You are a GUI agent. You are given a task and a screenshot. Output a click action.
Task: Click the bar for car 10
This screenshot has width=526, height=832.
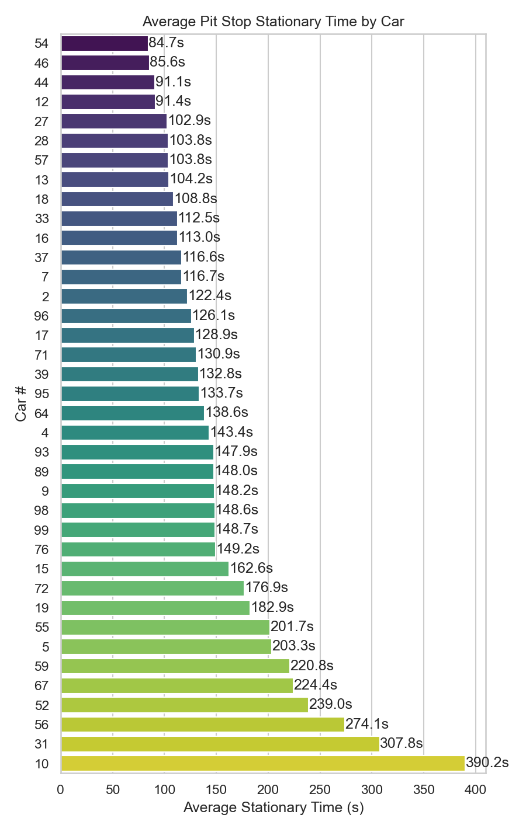[x=262, y=763]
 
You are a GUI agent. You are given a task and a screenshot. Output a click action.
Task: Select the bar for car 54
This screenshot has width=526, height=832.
[x=104, y=43]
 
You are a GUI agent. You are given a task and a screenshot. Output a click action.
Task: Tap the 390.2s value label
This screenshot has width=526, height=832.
[x=487, y=763]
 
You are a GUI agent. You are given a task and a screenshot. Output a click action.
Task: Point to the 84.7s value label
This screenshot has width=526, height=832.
[x=167, y=43]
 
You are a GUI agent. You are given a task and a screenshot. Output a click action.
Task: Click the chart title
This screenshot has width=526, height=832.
[x=273, y=22]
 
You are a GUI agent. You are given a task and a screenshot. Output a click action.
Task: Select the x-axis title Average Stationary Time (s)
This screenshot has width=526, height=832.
[x=273, y=807]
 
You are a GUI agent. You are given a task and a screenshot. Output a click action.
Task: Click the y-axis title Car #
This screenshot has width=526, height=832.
[x=21, y=403]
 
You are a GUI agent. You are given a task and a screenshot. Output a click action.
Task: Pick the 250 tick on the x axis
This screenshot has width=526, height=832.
[x=320, y=790]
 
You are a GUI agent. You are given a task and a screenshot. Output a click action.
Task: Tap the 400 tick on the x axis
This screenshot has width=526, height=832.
[x=476, y=790]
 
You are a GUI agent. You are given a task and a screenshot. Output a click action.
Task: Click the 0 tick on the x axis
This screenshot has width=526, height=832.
[x=61, y=790]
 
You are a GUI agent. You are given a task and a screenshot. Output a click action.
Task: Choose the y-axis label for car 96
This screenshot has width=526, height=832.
[x=41, y=316]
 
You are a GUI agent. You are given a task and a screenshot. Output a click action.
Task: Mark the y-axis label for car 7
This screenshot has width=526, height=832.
[x=45, y=277]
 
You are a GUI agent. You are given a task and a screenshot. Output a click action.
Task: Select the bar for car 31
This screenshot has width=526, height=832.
[x=220, y=744]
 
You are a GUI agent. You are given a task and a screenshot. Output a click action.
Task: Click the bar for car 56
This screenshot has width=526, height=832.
[x=202, y=725]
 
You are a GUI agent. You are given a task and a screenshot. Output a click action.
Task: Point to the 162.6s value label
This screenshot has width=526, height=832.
[x=251, y=568]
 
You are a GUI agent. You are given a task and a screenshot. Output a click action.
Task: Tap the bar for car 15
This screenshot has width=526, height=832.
[x=144, y=569]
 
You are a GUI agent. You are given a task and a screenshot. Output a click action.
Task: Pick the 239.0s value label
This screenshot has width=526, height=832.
[x=330, y=704]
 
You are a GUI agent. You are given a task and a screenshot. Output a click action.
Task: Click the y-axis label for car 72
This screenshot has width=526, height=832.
[x=41, y=589]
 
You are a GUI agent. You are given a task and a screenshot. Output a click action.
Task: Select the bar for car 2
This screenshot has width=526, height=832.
[x=123, y=296]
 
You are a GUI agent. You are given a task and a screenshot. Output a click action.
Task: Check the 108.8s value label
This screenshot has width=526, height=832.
[x=196, y=199]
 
